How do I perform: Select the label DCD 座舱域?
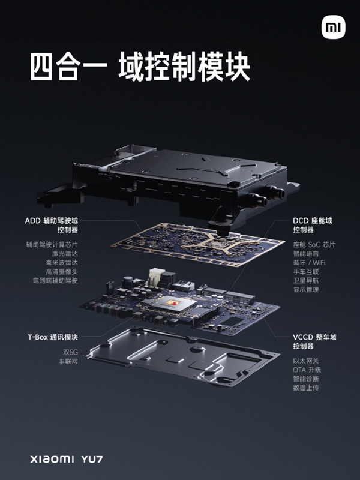point(312,221)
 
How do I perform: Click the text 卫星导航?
point(306,280)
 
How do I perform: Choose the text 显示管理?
point(306,289)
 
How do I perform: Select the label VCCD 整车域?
point(314,337)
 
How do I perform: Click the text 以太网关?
point(306,360)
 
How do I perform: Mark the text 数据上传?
point(306,387)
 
